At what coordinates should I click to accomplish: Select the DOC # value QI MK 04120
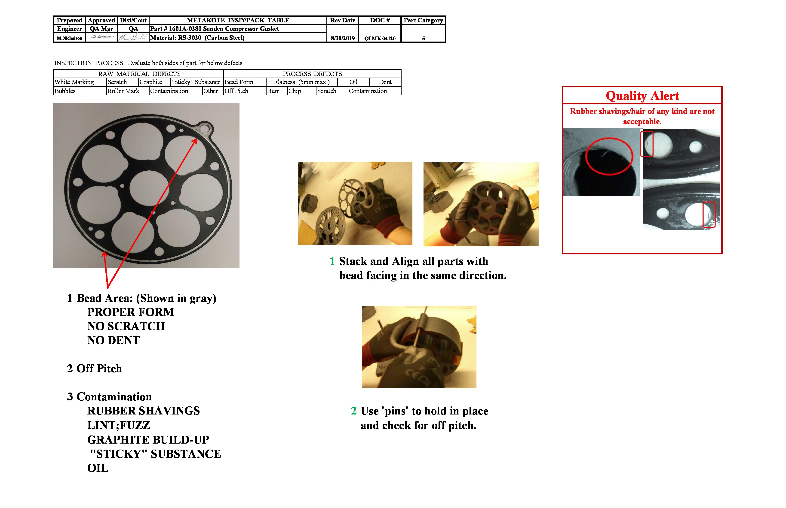click(380, 38)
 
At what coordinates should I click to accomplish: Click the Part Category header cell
click(423, 21)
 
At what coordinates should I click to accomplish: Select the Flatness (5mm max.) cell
click(301, 82)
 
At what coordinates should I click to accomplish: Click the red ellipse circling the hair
click(609, 156)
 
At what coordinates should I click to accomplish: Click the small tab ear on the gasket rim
click(205, 128)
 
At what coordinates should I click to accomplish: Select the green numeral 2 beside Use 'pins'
click(353, 411)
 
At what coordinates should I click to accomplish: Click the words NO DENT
click(113, 340)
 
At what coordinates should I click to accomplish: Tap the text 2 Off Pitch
click(95, 369)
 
